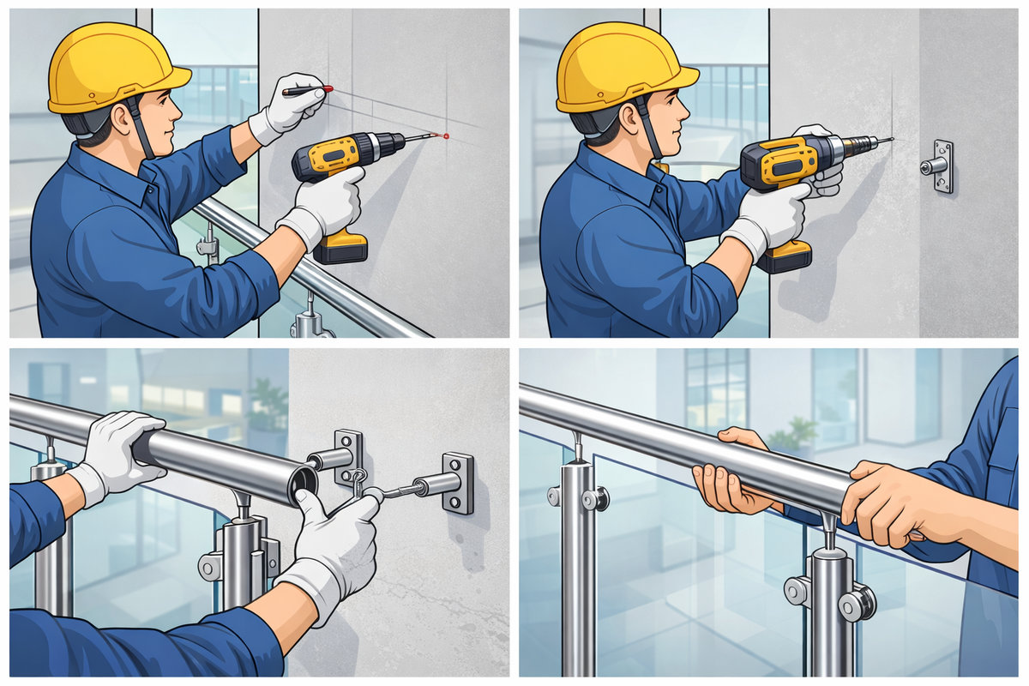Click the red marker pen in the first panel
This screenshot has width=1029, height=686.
[x=307, y=89]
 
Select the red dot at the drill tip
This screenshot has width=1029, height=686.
[x=445, y=135]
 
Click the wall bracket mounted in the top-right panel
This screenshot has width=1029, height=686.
[x=941, y=166]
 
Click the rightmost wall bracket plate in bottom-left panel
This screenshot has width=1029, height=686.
[x=458, y=483]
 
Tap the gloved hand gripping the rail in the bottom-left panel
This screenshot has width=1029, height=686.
[x=120, y=450]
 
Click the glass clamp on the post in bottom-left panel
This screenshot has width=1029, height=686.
[x=211, y=566]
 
